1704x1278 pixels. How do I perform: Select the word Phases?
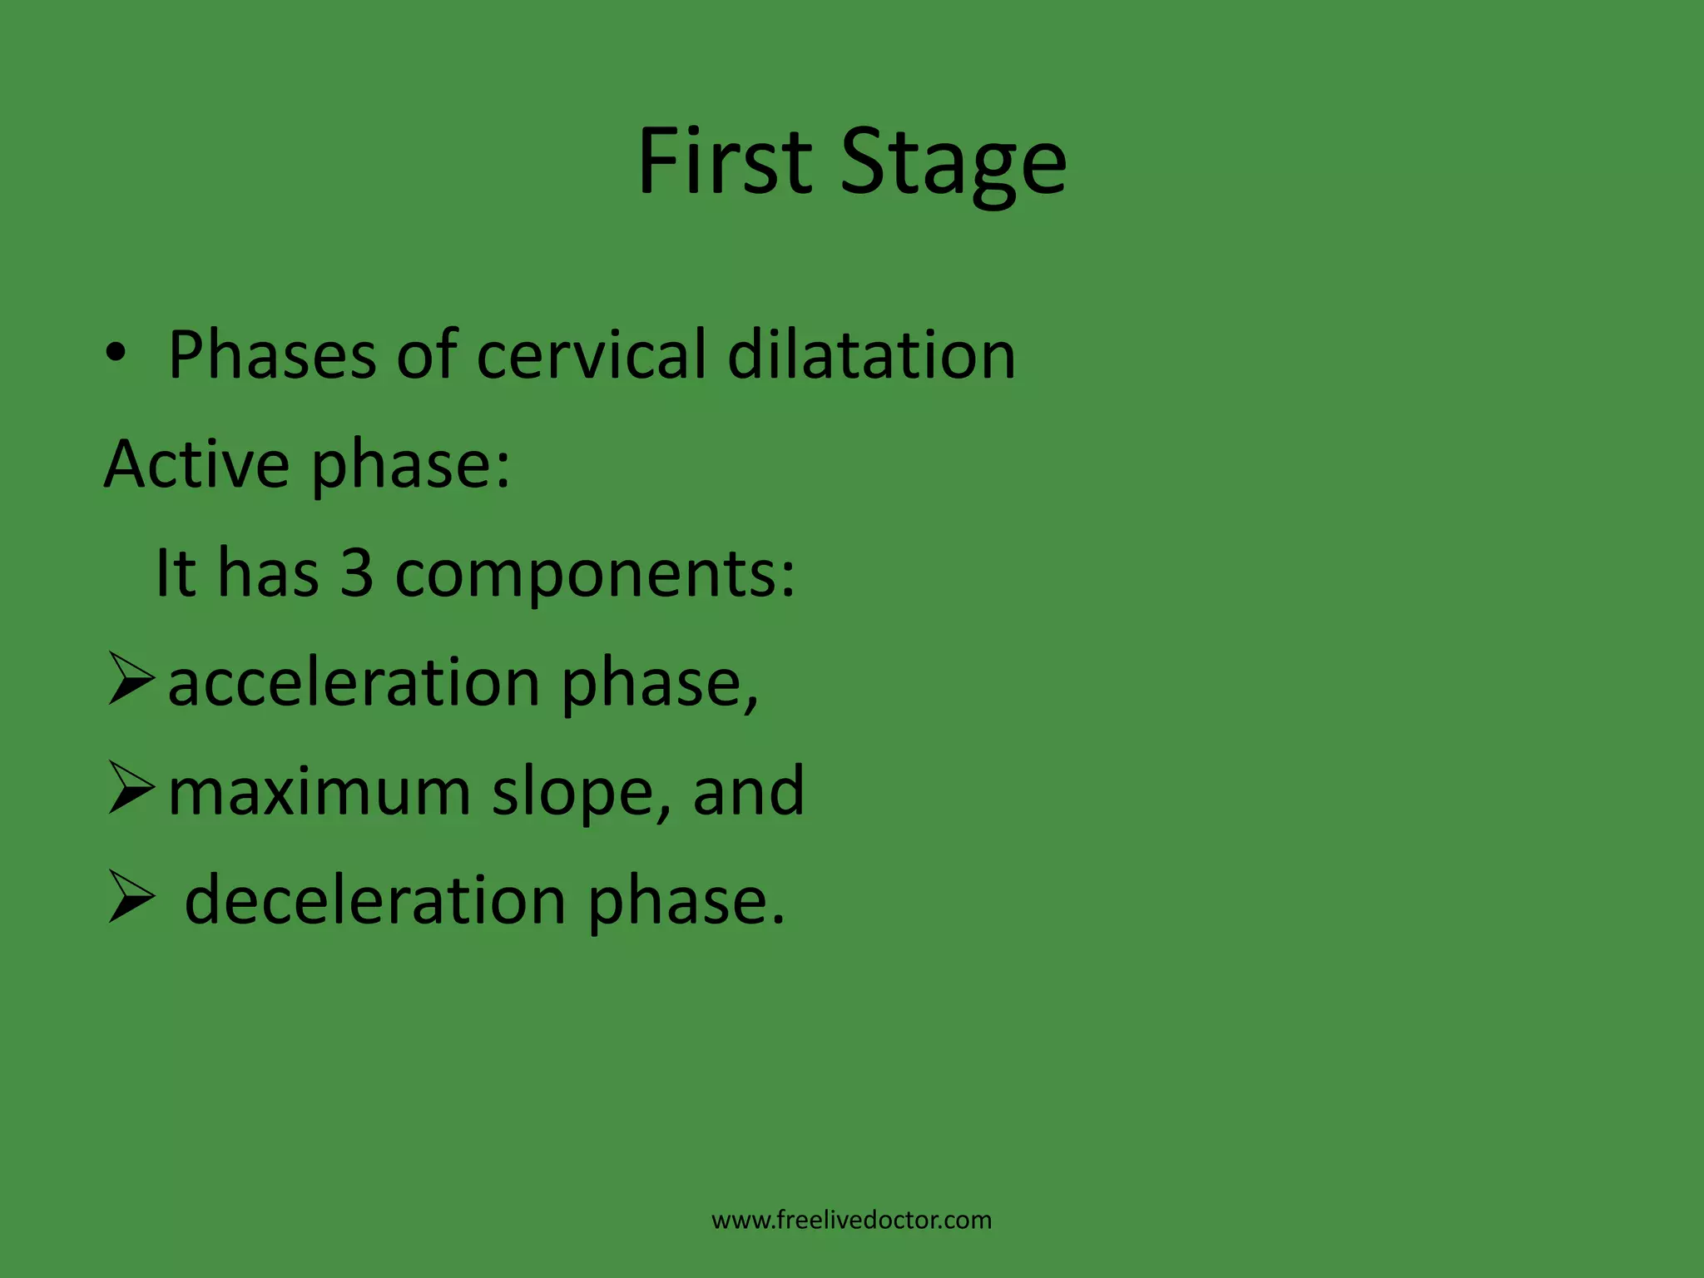272,355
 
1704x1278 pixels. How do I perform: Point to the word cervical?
592,355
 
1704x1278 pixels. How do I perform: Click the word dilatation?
871,355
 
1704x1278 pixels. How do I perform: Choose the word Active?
197,463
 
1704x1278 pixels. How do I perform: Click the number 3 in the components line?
357,573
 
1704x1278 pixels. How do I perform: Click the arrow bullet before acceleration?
131,680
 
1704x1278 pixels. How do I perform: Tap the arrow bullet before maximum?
131,789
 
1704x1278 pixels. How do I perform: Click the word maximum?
319,792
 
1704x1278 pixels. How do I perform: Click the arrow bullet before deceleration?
131,898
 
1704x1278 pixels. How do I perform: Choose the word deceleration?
375,901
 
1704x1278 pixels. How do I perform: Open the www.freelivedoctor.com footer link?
851,1221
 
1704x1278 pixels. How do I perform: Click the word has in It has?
268,573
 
